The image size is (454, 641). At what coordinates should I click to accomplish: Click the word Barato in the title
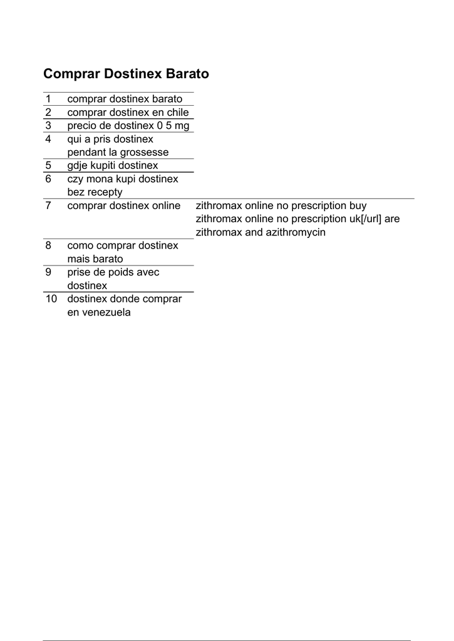(187, 74)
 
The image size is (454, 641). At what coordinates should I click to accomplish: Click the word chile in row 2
(177, 112)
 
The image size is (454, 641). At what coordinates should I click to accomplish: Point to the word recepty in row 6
(105, 192)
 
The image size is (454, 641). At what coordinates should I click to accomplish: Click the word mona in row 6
(100, 179)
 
